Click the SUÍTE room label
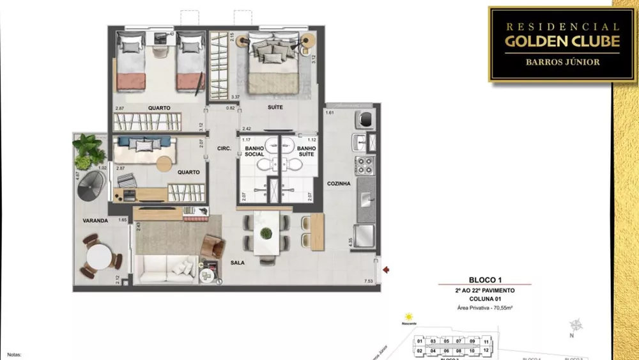click(x=275, y=107)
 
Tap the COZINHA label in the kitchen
click(x=339, y=184)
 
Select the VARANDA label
click(x=94, y=221)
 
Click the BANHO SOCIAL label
click(x=254, y=151)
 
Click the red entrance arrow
click(x=386, y=269)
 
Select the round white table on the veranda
click(x=100, y=257)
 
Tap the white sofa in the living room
click(x=165, y=269)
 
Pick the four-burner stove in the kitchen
click(x=364, y=165)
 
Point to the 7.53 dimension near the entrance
click(x=368, y=282)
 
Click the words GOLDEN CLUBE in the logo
click(x=562, y=42)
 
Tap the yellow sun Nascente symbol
click(x=408, y=317)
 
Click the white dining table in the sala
click(x=264, y=233)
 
